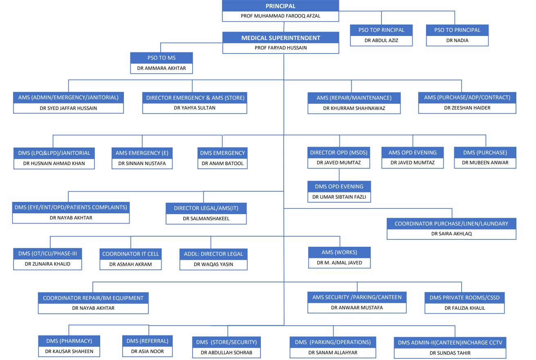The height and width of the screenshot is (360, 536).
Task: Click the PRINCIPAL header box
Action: (280, 6)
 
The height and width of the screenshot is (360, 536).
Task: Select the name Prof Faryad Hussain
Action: (281, 48)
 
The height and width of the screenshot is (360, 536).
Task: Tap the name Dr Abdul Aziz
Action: (381, 40)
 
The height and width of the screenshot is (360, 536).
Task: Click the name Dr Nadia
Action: (457, 40)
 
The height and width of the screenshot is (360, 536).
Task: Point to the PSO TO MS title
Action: (161, 58)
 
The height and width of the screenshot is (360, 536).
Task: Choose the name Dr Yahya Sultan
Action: (195, 108)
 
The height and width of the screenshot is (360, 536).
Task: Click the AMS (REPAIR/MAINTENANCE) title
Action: (354, 98)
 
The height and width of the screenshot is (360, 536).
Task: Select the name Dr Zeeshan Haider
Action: (467, 108)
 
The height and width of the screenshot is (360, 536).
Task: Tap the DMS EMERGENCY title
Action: (222, 153)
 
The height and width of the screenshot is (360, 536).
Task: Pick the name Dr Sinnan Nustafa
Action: (142, 163)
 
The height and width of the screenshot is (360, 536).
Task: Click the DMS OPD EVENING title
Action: (339, 187)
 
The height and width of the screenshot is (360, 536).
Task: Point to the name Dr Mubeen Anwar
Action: (485, 163)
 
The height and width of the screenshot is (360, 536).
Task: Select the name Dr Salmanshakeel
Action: (206, 219)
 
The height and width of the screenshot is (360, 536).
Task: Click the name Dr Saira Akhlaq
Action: (451, 234)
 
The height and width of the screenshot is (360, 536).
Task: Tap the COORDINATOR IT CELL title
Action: (131, 254)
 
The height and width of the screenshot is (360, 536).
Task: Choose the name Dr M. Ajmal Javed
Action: (339, 263)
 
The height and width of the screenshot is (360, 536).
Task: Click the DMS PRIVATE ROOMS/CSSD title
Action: (464, 298)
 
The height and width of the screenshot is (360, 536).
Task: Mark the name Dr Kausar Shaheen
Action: (69, 351)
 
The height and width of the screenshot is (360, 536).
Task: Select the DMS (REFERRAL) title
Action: (148, 341)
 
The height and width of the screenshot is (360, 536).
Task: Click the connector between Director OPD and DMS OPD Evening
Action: (339, 175)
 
